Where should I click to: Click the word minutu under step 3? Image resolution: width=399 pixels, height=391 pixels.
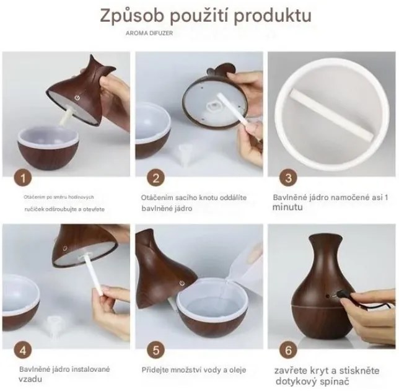click(x=287, y=208)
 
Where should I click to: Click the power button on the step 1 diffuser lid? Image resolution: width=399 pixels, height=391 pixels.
click(x=77, y=97)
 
